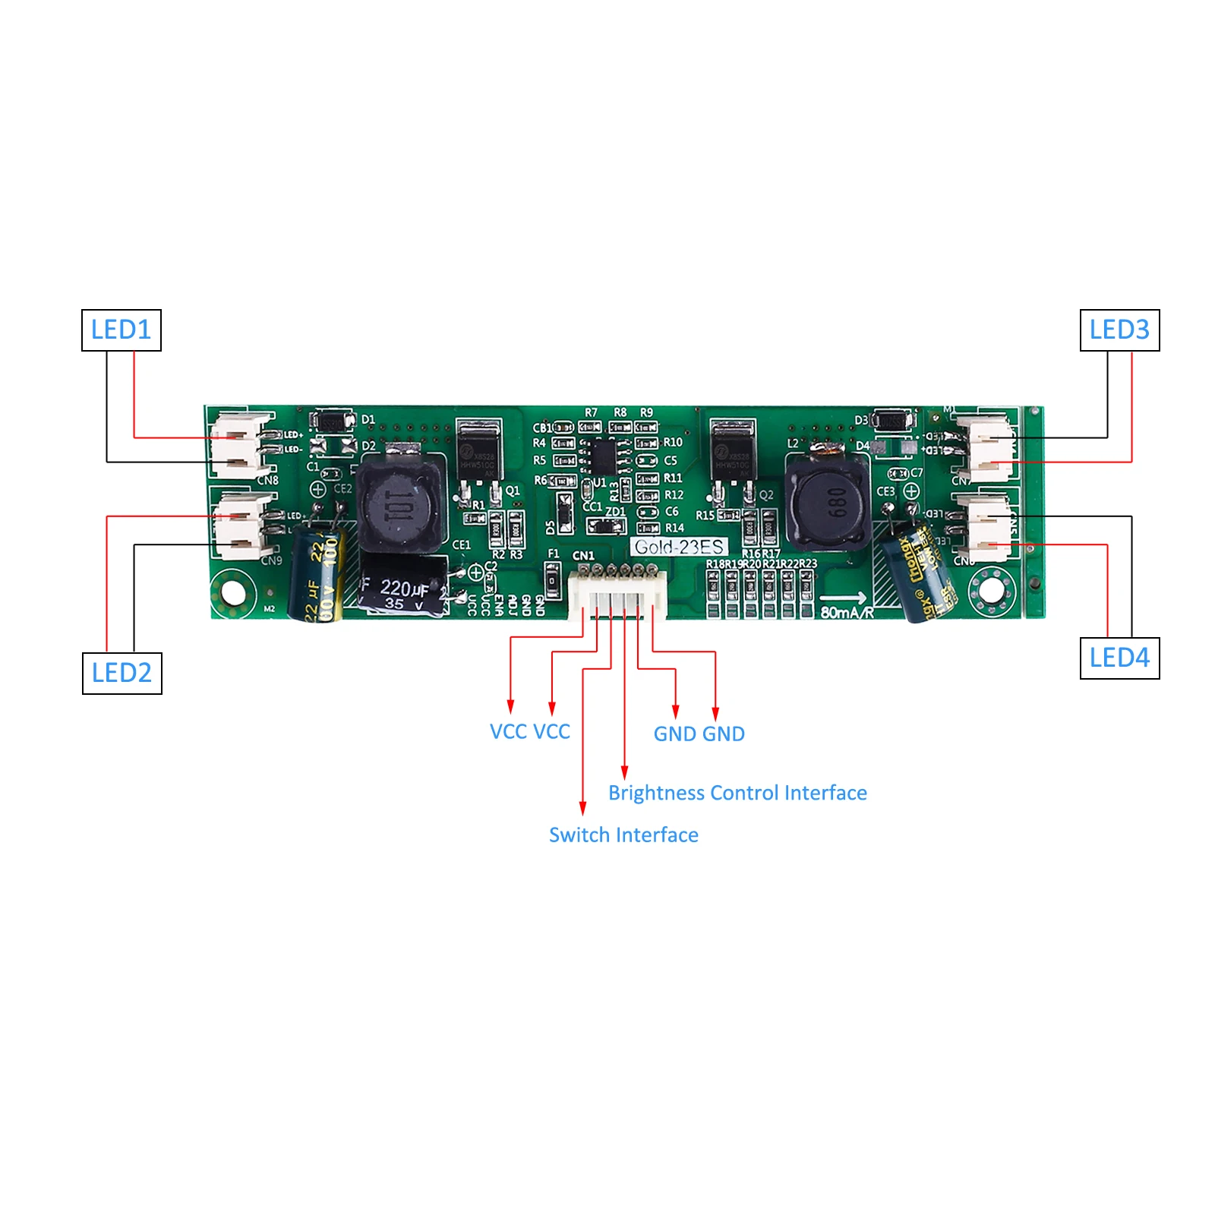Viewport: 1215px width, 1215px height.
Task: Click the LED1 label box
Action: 121,330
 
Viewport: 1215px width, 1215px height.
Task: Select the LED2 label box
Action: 122,673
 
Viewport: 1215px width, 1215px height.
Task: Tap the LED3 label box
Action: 1119,330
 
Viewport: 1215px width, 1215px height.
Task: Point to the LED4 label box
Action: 1119,658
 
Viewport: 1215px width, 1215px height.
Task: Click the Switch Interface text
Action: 623,835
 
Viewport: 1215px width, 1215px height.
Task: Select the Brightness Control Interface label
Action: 737,793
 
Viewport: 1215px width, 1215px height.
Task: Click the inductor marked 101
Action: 399,505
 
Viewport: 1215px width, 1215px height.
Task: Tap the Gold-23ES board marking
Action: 679,547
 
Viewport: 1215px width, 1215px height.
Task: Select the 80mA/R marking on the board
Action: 847,612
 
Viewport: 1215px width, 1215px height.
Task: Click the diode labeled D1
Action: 332,420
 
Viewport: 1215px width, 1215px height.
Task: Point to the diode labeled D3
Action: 893,419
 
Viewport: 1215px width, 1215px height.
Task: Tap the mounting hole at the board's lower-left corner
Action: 232,593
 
